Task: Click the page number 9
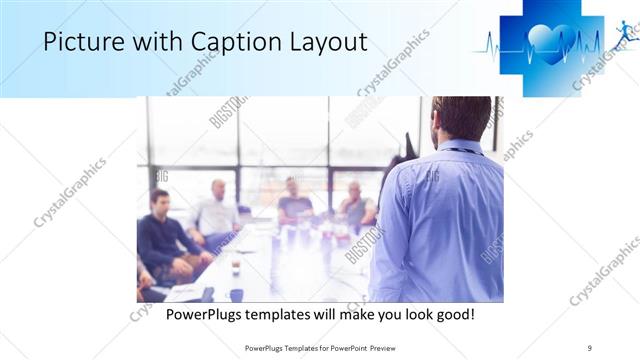tap(590, 348)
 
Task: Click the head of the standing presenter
tap(461, 118)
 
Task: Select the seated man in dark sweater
tap(164, 240)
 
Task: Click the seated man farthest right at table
tap(356, 205)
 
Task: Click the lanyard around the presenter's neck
tap(459, 150)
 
